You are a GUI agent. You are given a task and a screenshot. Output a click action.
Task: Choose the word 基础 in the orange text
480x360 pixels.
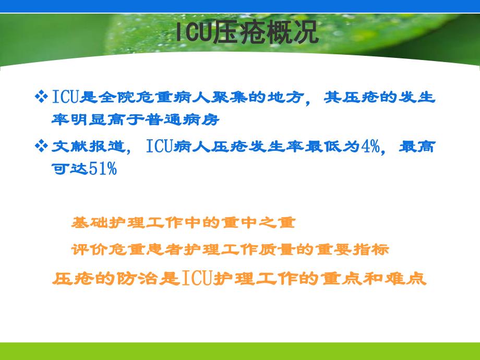point(86,223)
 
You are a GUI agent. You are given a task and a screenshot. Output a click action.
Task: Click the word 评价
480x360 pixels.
point(86,250)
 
